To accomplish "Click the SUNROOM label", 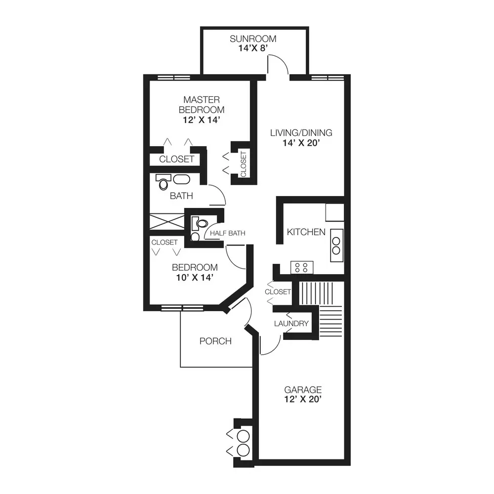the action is tap(253, 39).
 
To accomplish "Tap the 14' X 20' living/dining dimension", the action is tap(301, 143).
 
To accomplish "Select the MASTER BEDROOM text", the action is tap(202, 105).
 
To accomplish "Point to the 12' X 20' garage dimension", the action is tap(303, 399).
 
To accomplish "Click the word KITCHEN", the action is tap(306, 232).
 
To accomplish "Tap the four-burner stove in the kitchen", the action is tap(302, 267).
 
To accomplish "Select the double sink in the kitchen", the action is tap(336, 246).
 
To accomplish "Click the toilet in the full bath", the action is tap(163, 182).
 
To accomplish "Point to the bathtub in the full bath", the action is tap(181, 179).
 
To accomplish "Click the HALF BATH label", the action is tap(227, 233).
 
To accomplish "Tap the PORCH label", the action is tap(215, 341).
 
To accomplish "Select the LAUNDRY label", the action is tap(291, 324).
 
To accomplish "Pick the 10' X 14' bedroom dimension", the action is tap(195, 278).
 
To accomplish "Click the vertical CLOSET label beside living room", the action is tap(243, 164).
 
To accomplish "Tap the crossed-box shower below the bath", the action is tap(166, 221).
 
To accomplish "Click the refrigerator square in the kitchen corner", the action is tap(334, 212).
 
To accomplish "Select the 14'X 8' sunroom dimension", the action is tap(253, 48).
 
